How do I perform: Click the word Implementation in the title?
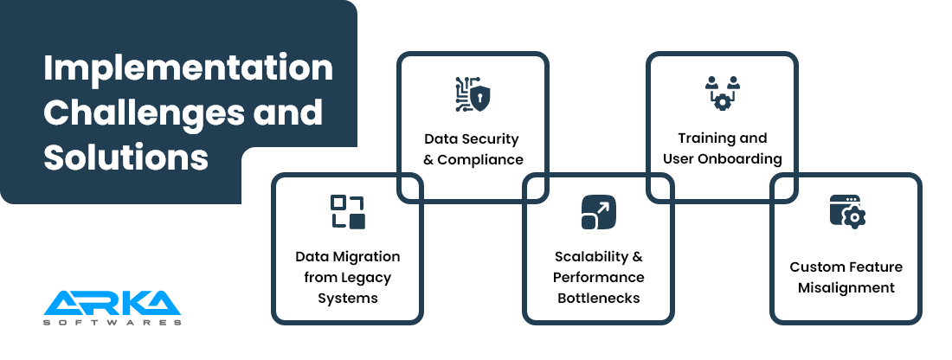(188, 68)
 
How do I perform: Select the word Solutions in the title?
(125, 158)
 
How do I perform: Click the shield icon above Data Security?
(473, 93)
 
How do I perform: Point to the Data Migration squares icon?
(348, 212)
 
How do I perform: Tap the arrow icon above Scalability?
(598, 213)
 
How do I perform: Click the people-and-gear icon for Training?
(722, 93)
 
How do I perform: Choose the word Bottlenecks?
(598, 299)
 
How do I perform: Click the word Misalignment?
(846, 287)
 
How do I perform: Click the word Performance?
(598, 278)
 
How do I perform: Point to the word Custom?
(818, 267)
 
